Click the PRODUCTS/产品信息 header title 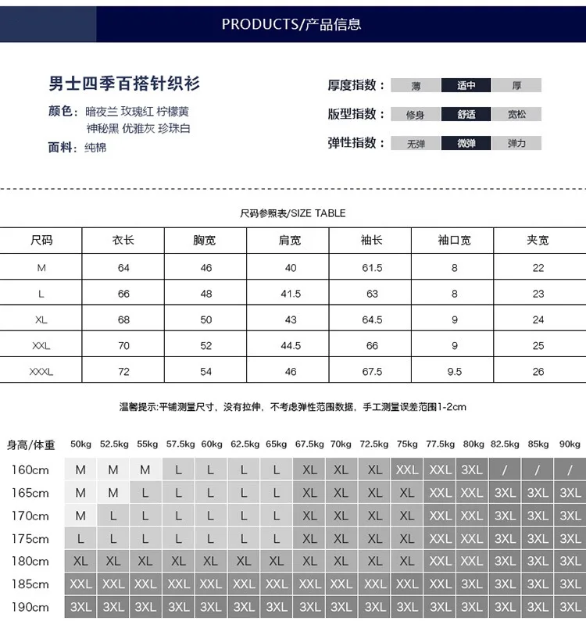tap(291, 24)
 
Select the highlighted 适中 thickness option tap(466, 86)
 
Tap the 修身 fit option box tap(416, 115)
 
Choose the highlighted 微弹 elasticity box tap(466, 144)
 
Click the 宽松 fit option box tap(516, 115)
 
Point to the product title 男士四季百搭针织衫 tap(124, 84)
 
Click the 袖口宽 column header tap(454, 241)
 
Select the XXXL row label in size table tap(41, 372)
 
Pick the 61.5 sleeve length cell tap(372, 268)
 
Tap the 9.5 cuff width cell tap(454, 372)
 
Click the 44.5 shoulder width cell tap(290, 345)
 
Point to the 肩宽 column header tap(290, 241)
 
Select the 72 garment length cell tap(123, 372)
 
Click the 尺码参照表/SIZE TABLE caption tap(292, 213)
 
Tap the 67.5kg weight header tap(309, 444)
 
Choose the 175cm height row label tap(30, 539)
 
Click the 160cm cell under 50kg tap(80, 470)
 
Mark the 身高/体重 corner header tap(31, 445)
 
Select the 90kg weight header tap(570, 444)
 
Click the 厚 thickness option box tap(516, 86)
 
